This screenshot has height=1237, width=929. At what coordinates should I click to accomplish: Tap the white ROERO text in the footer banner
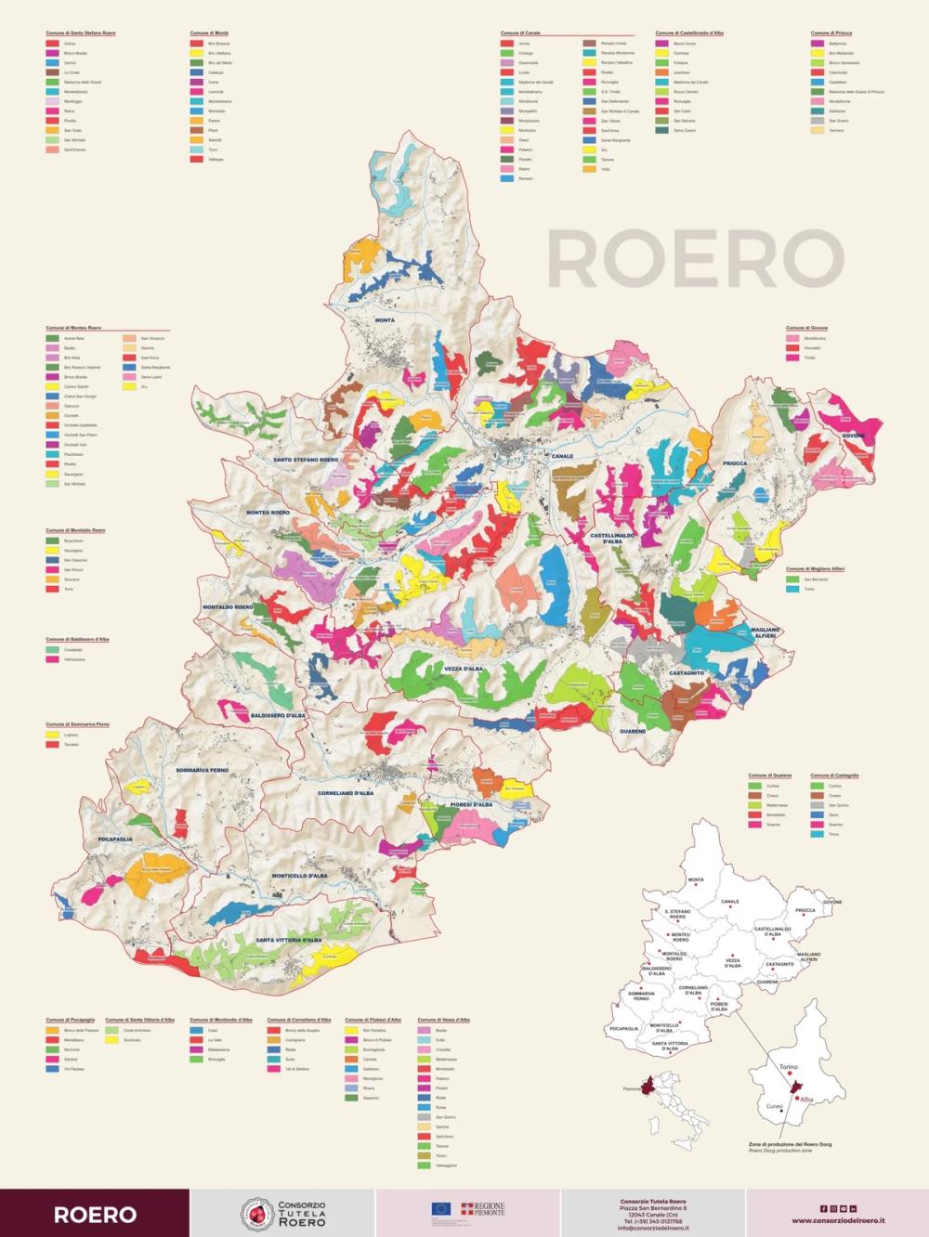pos(95,1214)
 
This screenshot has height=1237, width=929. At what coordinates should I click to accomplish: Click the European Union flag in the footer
pos(440,1208)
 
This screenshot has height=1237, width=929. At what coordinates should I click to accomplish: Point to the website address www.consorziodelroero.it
pos(837,1220)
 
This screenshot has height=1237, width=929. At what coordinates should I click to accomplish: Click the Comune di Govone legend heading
pos(806,328)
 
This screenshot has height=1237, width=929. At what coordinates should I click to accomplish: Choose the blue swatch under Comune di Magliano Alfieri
pos(792,589)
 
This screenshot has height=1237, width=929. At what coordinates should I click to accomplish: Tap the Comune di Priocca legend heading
pos(831,33)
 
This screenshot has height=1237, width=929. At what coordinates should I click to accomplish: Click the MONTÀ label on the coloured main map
pos(385,320)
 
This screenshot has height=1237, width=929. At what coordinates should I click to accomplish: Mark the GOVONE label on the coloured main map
pos(853,436)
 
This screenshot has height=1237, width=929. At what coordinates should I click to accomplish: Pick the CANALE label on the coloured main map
pos(562,457)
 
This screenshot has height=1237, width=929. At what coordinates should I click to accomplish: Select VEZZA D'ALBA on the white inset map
pos(733,963)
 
